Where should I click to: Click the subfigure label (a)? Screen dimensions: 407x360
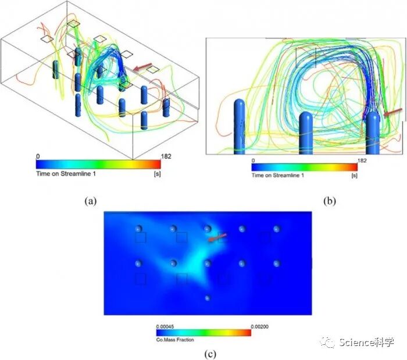point(91,201)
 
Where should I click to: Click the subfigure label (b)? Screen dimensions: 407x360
point(330,201)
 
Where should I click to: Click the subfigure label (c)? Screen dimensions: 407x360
point(210,354)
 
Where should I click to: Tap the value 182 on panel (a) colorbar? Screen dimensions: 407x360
point(166,156)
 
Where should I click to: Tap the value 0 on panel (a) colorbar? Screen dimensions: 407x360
point(38,156)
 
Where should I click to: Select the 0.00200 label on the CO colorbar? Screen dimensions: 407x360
point(259,326)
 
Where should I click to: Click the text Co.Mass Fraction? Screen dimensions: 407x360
point(175,340)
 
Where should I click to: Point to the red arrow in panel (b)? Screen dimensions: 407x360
point(392,112)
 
